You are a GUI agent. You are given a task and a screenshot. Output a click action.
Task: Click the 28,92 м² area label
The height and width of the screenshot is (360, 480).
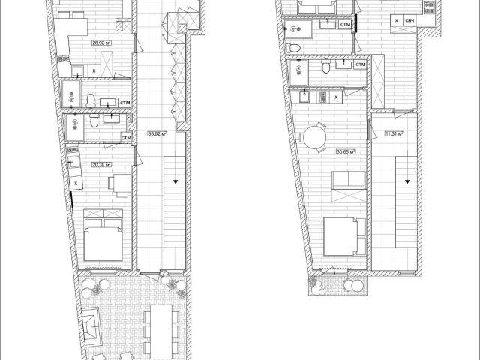coord(101,43)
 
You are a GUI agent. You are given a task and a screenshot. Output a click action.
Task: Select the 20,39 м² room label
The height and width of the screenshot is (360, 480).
coord(101,164)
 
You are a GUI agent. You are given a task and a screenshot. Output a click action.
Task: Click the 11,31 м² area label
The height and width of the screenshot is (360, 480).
coord(394,134)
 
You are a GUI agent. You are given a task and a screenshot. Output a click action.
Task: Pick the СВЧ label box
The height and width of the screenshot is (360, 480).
coord(409,20)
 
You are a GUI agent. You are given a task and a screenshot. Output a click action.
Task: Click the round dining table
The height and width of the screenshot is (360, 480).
coord(312,139)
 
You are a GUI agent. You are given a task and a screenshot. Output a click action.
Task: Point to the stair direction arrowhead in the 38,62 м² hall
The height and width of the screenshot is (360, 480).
coord(175,181)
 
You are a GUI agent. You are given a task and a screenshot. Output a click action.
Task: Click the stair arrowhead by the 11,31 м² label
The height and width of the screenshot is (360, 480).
coord(408,181)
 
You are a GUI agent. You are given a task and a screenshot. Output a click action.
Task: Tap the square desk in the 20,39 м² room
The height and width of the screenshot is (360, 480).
coord(118,182)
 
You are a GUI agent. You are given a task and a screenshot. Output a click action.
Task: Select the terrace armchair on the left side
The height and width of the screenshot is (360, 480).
coord(90,325)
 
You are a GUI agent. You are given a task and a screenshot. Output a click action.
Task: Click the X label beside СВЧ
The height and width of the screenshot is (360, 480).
coord(396,20)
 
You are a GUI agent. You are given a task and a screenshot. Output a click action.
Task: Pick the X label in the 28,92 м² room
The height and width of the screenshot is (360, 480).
coord(94,70)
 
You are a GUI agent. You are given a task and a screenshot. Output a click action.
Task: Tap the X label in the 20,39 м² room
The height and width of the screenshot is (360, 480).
coord(76,182)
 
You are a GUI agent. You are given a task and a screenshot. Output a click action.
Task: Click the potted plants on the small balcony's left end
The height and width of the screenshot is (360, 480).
coord(313,282)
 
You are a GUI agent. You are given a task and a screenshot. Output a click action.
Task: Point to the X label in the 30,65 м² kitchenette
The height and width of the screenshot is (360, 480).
coord(335,97)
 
